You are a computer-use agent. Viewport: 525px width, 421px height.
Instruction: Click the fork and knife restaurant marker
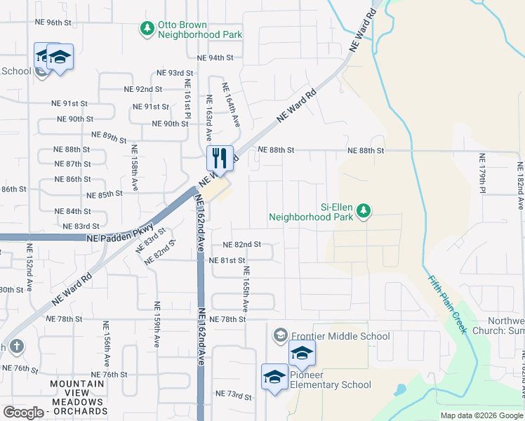pos(220,159)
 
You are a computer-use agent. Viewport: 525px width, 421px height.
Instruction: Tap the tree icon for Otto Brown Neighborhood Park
pos(147,29)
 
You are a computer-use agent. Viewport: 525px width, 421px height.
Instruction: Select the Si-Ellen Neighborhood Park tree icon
pos(363,210)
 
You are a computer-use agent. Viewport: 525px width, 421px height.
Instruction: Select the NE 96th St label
pos(53,22)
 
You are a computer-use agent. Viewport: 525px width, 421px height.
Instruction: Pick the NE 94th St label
pos(215,58)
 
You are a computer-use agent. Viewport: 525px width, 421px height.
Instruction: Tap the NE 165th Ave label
pos(246,284)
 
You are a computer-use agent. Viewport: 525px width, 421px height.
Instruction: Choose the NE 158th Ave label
pos(134,168)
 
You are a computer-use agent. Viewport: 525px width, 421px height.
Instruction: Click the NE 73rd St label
pos(233,396)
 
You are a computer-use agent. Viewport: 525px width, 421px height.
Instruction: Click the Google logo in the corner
pos(24,413)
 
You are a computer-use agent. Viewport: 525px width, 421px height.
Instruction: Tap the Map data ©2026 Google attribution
pos(481,415)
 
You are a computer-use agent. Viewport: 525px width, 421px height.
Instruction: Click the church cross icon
pos(15,346)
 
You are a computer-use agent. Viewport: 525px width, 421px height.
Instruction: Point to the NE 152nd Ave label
pos(29,268)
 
